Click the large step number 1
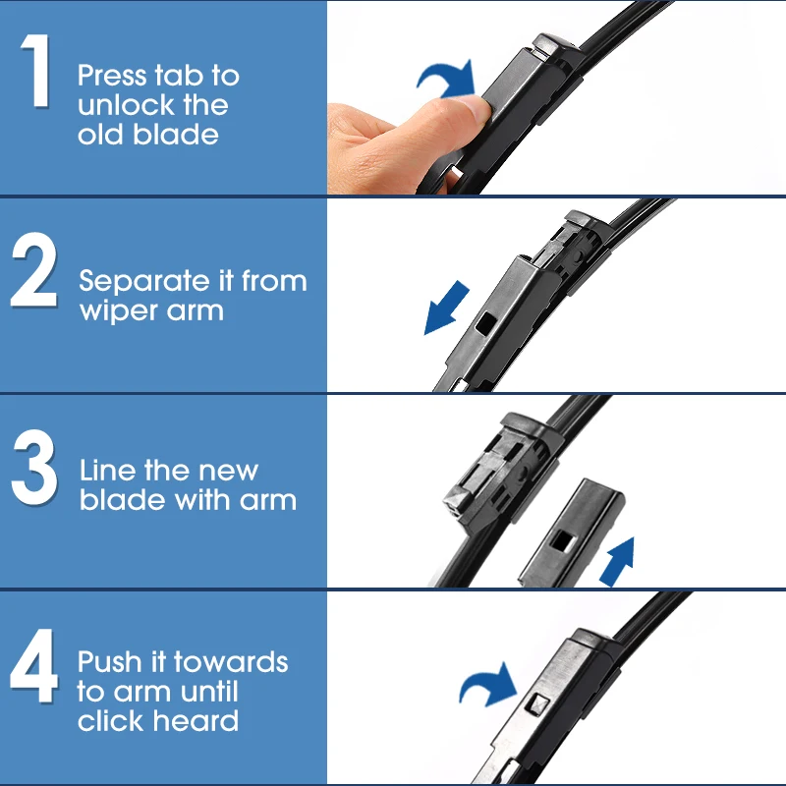(36, 70)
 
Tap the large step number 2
(34, 269)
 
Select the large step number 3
(34, 467)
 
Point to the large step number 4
(33, 665)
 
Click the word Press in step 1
(112, 76)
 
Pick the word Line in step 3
(107, 471)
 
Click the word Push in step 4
(110, 661)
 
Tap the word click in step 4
(111, 720)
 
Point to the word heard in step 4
(196, 720)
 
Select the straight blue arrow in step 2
(446, 308)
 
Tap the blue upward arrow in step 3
(618, 561)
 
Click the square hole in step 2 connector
(485, 322)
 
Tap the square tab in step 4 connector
(538, 703)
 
